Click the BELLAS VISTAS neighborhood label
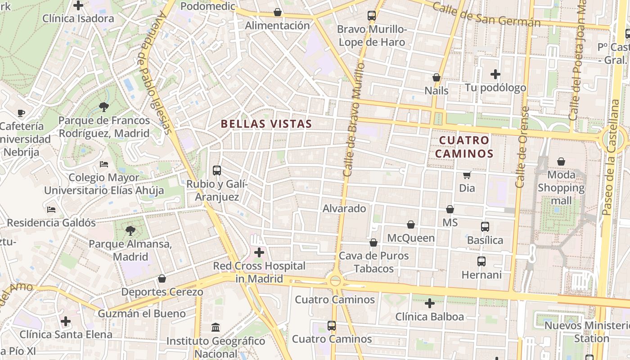266,124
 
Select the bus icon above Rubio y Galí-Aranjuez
217,171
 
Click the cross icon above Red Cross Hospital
259,252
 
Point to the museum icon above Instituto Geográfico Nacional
216,327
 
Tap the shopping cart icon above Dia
467,175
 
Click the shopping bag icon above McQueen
411,225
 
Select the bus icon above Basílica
485,227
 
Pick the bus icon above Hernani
481,261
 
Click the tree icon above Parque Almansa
130,231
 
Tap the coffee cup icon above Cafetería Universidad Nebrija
21,113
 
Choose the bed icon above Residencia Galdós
51,210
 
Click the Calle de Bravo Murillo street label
353,119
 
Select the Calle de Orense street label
522,147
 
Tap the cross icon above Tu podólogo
495,74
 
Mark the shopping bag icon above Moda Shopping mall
561,161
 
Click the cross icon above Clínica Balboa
430,303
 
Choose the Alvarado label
344,209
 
